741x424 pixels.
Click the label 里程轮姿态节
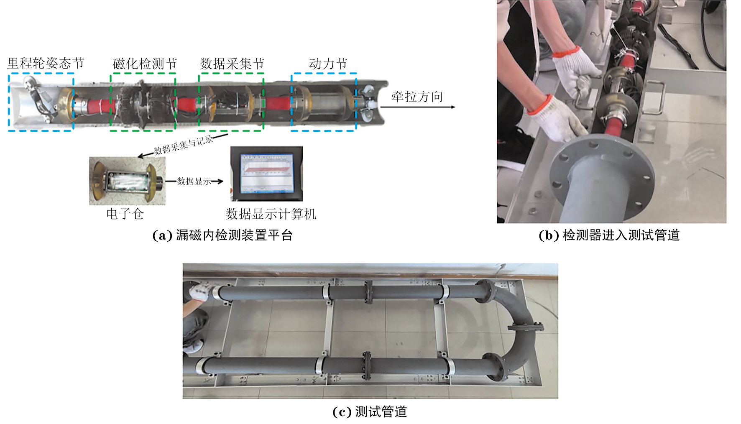point(46,63)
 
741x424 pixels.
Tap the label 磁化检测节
point(145,64)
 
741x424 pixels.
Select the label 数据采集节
point(232,64)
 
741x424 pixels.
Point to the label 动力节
point(328,64)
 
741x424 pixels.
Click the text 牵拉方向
point(417,97)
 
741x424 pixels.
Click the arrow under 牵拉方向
point(417,107)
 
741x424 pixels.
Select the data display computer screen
point(266,174)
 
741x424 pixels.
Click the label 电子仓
point(125,214)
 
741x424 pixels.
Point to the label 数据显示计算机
point(271,214)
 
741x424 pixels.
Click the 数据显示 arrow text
point(194,181)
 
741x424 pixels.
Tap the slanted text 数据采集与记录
point(184,145)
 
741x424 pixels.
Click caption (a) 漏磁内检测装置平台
point(222,235)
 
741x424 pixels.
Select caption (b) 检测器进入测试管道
point(609,235)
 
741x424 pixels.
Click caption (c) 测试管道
point(370,412)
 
